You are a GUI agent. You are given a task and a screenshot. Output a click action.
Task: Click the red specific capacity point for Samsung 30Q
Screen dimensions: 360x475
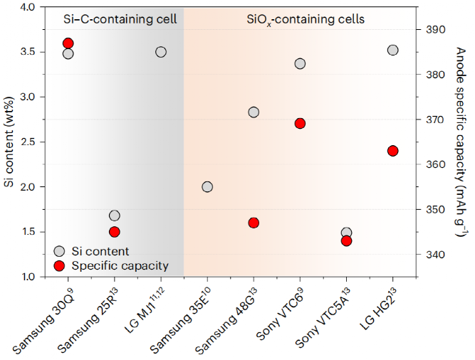click(68, 44)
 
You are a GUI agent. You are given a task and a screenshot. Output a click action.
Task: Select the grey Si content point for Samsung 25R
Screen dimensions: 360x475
click(115, 216)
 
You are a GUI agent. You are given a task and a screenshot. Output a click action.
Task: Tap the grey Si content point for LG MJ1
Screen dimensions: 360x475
click(161, 52)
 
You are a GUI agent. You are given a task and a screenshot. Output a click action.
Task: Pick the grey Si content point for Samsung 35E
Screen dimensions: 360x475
click(207, 187)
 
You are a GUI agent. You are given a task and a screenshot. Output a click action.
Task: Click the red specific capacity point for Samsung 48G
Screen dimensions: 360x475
click(254, 223)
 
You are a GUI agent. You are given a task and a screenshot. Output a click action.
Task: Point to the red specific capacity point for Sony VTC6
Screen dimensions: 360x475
click(300, 123)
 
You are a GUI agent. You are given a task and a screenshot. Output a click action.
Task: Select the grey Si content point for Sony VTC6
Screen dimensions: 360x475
click(300, 63)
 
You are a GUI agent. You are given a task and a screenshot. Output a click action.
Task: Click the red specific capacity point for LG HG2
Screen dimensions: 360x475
click(392, 151)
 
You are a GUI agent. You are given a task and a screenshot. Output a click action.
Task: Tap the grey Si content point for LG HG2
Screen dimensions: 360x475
click(392, 50)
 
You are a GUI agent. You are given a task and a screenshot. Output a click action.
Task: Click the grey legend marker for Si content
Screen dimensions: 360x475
click(60, 251)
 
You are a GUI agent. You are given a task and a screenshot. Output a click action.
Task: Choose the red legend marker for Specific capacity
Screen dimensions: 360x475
click(60, 266)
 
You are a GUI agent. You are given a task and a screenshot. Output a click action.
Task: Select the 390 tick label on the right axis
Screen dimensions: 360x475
click(432, 30)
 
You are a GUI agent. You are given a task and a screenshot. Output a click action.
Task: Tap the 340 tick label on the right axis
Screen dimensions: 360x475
click(432, 255)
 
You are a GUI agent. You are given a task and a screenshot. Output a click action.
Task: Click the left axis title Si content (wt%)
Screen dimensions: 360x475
click(9, 141)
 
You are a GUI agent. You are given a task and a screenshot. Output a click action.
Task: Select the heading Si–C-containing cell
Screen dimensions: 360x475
click(114, 19)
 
